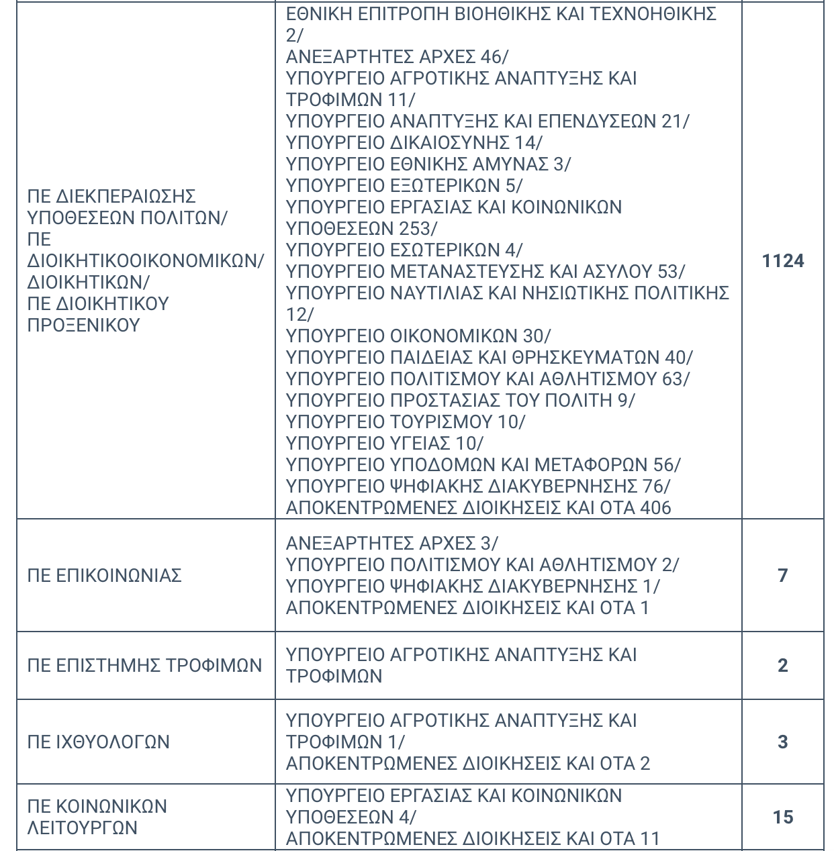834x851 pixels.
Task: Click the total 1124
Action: [x=783, y=260]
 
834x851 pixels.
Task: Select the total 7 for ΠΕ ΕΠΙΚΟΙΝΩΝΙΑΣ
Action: [x=782, y=575]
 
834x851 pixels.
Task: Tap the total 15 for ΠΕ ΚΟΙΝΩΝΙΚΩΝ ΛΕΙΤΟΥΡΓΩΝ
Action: [x=783, y=817]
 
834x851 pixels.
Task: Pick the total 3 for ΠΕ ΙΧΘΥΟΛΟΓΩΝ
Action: [x=782, y=742]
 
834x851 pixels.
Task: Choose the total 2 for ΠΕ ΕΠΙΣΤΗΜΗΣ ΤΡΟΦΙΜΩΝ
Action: [x=782, y=665]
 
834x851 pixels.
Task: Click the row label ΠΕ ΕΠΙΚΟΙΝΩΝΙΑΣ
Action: [x=104, y=575]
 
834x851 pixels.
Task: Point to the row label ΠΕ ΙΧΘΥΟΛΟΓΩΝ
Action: [x=98, y=742]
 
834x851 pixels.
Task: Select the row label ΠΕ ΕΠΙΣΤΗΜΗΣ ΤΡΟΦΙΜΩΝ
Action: [x=144, y=665]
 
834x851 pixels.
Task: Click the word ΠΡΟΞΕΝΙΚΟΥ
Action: [x=83, y=325]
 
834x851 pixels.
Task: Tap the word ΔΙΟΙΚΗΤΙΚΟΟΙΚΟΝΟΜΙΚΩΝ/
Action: [x=146, y=260]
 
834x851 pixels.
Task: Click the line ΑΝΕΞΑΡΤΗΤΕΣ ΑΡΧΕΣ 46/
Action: [x=397, y=56]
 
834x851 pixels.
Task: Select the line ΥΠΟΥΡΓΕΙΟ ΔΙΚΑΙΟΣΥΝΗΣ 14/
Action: [x=414, y=142]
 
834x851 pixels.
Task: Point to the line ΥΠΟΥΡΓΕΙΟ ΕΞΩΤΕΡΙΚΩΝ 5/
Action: [x=404, y=185]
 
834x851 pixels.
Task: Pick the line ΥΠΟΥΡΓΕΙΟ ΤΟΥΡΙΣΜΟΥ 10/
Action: [x=405, y=421]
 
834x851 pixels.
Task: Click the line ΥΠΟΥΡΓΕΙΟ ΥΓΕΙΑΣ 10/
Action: [x=384, y=443]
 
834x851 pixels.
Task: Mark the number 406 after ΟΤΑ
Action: [x=655, y=507]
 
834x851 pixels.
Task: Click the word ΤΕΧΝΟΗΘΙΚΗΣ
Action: [x=653, y=13]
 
